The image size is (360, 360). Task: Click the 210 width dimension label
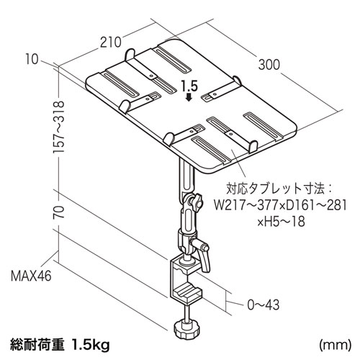[x=110, y=42]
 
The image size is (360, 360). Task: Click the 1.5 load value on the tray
[x=189, y=86]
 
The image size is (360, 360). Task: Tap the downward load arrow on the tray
[x=189, y=99]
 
